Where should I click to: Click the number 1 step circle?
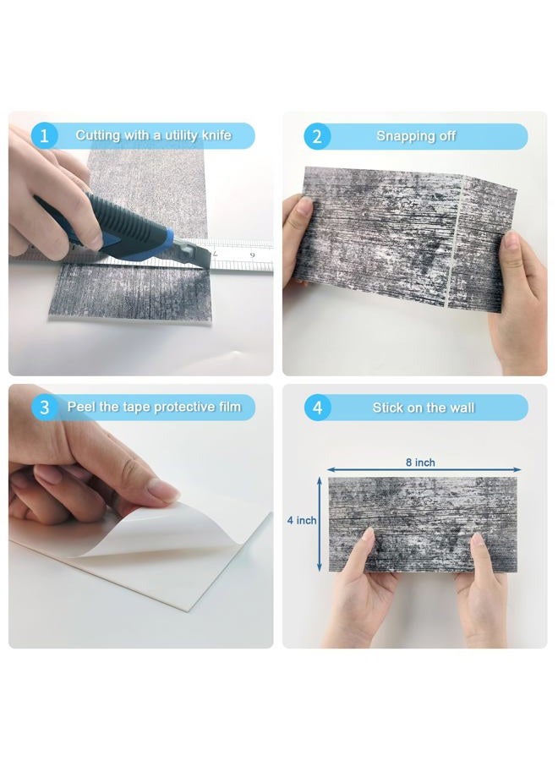[44, 136]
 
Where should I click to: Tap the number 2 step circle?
[317, 136]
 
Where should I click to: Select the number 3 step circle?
[44, 408]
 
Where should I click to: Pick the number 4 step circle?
[317, 408]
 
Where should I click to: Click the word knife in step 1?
[216, 135]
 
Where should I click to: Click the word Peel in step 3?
[81, 407]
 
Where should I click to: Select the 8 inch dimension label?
[420, 463]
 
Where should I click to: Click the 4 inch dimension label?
[301, 520]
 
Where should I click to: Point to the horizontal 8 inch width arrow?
[424, 470]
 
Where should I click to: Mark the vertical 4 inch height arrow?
[320, 524]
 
